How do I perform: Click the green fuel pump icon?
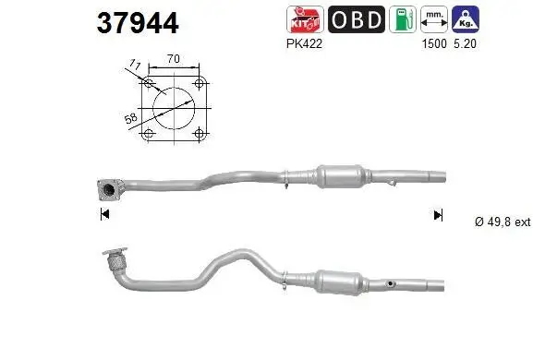pos(402,19)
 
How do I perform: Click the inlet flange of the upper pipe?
pos(109,190)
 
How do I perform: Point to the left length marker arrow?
pos(103,215)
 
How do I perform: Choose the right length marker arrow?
pos(438,215)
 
